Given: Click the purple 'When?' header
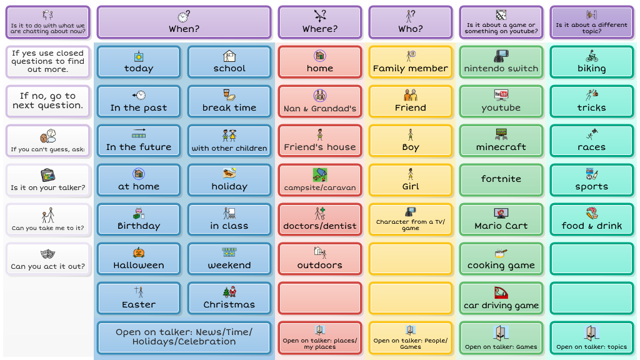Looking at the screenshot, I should coord(184,22).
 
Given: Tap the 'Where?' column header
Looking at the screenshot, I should coord(319,22).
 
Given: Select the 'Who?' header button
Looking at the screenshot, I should coord(410,22).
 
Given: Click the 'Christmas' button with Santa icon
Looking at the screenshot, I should coord(229,298).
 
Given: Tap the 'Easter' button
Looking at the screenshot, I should coord(138,298).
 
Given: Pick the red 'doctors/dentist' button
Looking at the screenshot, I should coord(319,219).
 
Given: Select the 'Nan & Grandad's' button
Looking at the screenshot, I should coord(319,101).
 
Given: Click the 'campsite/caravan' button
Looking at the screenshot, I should coord(319,180).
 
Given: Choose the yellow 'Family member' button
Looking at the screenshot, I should coord(410,62).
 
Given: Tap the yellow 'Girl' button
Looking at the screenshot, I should coord(410,180).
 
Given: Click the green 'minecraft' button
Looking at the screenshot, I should coord(501,141).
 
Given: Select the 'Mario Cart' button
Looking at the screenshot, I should coord(501,219).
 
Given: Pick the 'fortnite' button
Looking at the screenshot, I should coord(501,180).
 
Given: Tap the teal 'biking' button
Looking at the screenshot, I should coord(591,62).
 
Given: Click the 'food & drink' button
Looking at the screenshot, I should coord(591,219).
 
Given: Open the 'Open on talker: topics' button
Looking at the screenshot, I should coord(591,337).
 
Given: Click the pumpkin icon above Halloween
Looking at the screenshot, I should coord(138,252).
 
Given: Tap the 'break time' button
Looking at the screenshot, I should coord(229,101).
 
